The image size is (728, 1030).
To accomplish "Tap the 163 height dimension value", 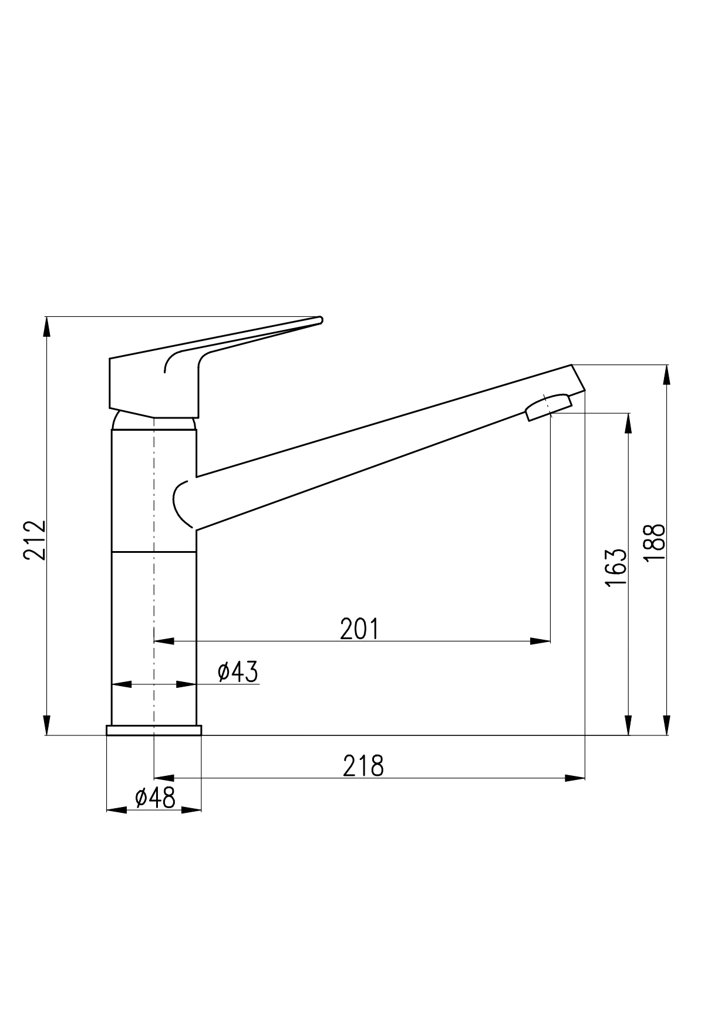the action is pos(616,568).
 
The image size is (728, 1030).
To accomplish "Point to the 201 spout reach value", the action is pos(359,629).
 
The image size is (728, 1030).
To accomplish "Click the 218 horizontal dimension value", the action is pos(363,766).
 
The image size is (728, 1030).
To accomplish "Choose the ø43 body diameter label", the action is pos(238,672).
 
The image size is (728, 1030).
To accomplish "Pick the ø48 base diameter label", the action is pos(155,798).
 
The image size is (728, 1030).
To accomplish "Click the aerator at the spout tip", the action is pos(549,407).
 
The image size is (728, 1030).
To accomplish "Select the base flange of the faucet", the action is pos(154,730).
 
